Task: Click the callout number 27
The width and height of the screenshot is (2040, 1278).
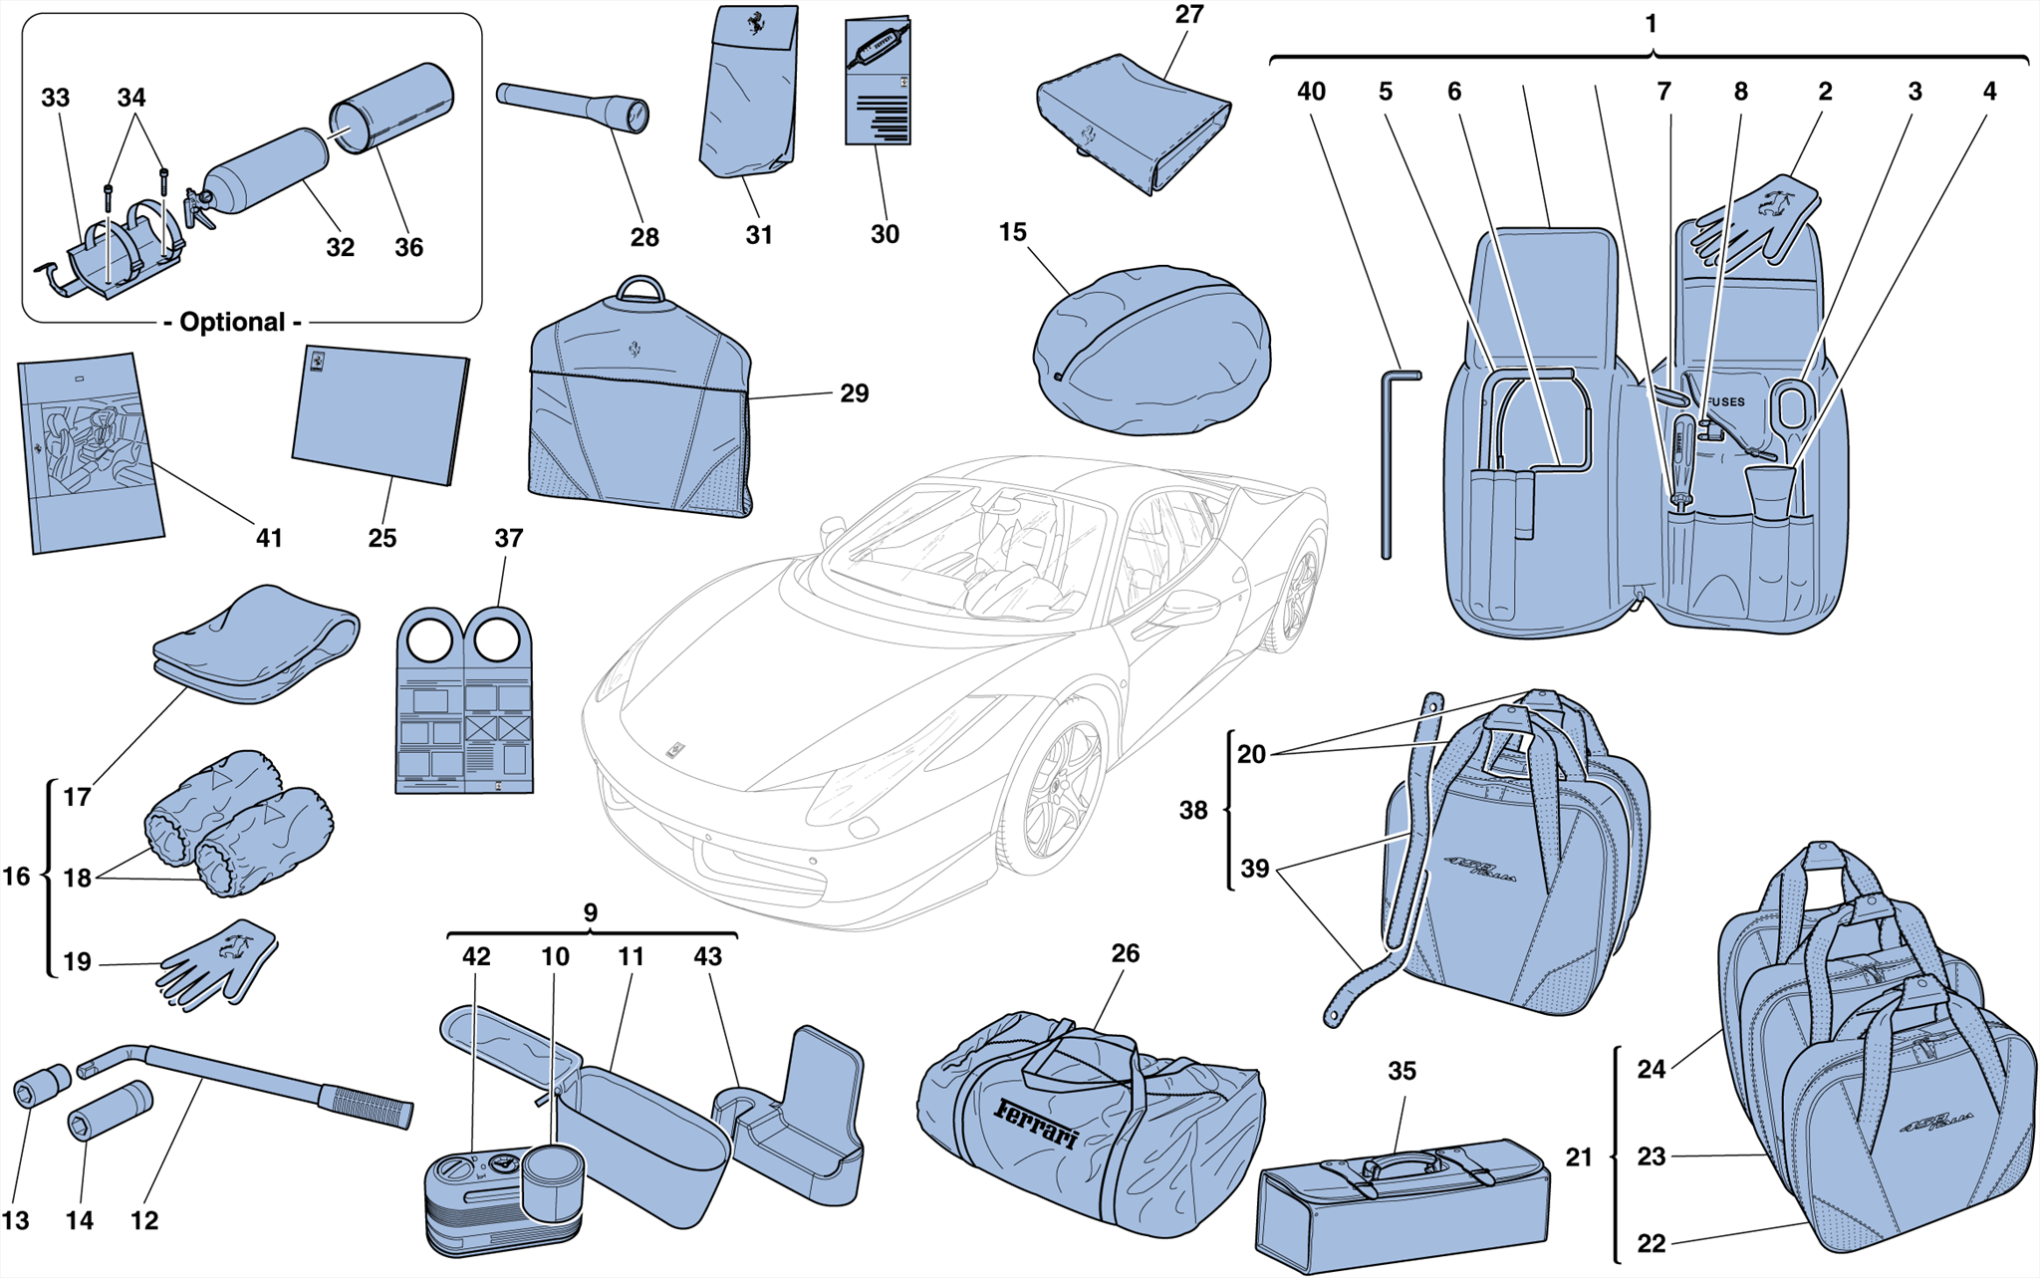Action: point(1188,15)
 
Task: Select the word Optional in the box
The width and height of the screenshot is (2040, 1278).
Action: point(232,323)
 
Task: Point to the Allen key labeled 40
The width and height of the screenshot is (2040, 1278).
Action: point(1388,458)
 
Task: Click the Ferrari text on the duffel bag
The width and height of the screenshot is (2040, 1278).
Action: point(1036,1123)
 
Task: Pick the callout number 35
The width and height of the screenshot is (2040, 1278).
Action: point(1402,1071)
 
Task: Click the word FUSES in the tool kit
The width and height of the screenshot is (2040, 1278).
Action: point(1725,401)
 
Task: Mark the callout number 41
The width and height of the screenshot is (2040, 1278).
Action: point(269,538)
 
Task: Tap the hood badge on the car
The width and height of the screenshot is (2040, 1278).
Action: point(675,749)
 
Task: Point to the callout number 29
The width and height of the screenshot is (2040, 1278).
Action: point(854,393)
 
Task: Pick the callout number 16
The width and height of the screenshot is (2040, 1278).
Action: point(17,877)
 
